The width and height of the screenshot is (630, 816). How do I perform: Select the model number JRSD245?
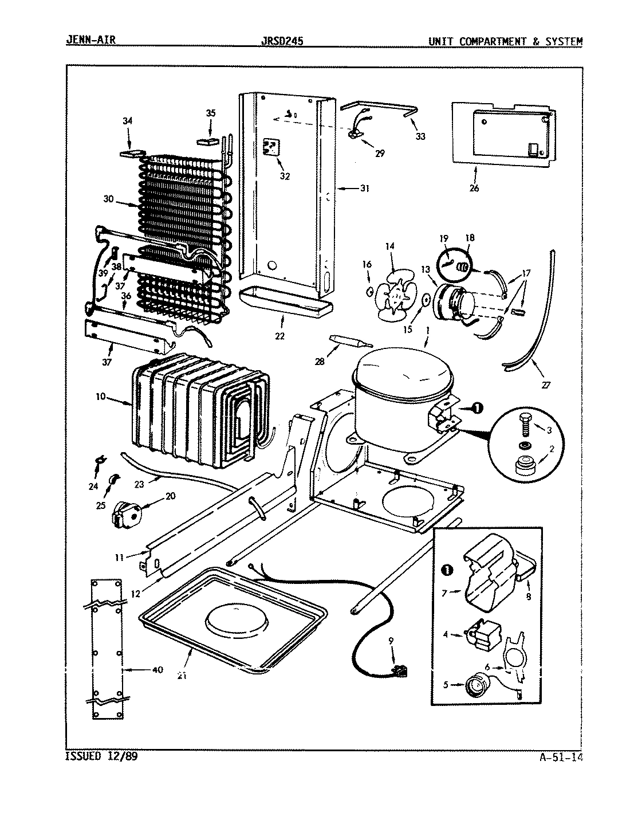point(281,41)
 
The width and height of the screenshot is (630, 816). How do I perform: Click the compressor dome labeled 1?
point(404,375)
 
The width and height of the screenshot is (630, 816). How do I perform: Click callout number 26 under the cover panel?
point(474,188)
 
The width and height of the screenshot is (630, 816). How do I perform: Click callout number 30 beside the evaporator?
point(109,200)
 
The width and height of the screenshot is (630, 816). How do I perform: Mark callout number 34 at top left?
point(127,121)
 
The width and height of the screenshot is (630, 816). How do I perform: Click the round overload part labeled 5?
point(475,684)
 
